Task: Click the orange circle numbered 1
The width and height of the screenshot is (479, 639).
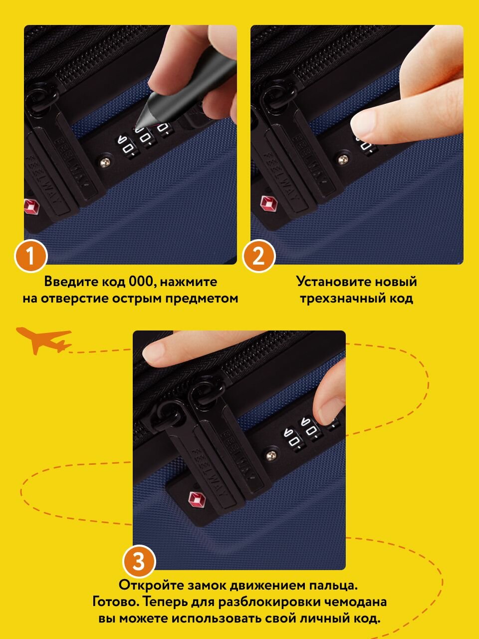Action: [30, 257]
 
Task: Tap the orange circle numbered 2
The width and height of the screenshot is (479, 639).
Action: [258, 257]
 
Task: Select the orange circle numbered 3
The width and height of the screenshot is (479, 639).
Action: [139, 561]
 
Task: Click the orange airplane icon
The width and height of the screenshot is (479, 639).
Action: [43, 340]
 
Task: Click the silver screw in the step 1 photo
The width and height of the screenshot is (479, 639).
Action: [105, 162]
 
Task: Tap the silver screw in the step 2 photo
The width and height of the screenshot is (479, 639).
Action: [343, 159]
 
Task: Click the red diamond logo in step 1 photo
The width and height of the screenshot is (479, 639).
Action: [31, 206]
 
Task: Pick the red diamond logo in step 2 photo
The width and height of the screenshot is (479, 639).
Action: [269, 203]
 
